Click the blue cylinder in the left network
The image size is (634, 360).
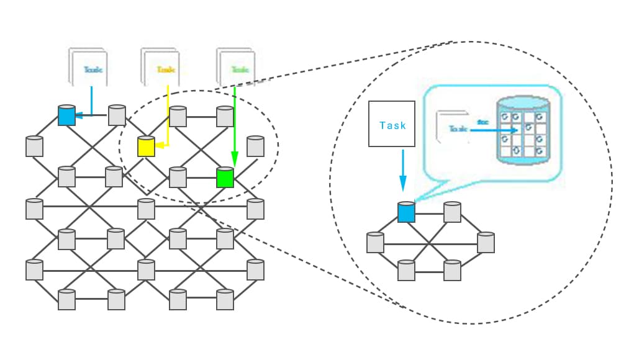66,115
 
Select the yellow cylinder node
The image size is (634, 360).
146,146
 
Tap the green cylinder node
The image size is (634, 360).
225,178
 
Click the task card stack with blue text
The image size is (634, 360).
88,68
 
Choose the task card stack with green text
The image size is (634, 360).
237,68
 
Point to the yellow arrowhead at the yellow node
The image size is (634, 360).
160,146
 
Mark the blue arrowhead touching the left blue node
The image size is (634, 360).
79,115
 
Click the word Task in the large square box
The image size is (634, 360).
392,125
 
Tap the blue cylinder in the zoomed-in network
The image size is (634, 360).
406,212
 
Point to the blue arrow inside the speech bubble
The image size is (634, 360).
497,130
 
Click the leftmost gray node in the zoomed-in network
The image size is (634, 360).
375,242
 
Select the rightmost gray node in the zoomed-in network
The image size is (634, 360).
486,242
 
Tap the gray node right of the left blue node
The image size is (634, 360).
117,115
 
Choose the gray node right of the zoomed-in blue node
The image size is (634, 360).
452,212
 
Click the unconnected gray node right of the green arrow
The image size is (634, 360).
255,146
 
